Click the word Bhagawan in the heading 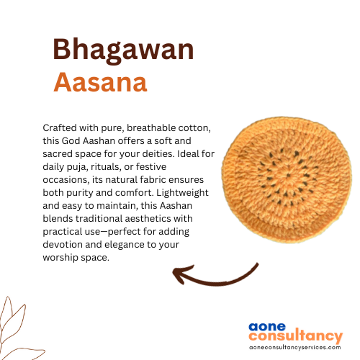pos(123,50)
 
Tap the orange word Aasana pos(100,82)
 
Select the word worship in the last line pos(60,258)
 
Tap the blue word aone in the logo pos(267,327)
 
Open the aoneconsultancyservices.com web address pos(295,347)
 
